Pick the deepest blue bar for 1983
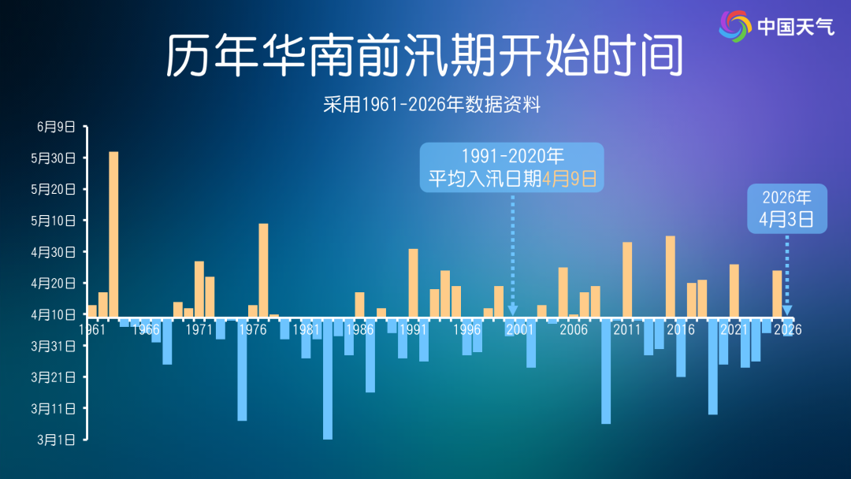pyautogui.click(x=328, y=378)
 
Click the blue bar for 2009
pyautogui.click(x=606, y=370)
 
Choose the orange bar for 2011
pyautogui.click(x=627, y=280)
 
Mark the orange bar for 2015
pyautogui.click(x=671, y=277)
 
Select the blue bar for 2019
pyautogui.click(x=713, y=366)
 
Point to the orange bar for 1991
pyautogui.click(x=414, y=283)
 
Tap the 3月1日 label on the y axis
pyautogui.click(x=57, y=440)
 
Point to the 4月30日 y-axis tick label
pyautogui.click(x=54, y=252)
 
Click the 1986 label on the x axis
pyautogui.click(x=359, y=329)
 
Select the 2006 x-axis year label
pyautogui.click(x=574, y=329)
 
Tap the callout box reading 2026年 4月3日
pyautogui.click(x=786, y=209)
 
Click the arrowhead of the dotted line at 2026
pyautogui.click(x=787, y=310)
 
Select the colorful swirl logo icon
pyautogui.click(x=735, y=27)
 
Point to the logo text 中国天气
pyautogui.click(x=795, y=27)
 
